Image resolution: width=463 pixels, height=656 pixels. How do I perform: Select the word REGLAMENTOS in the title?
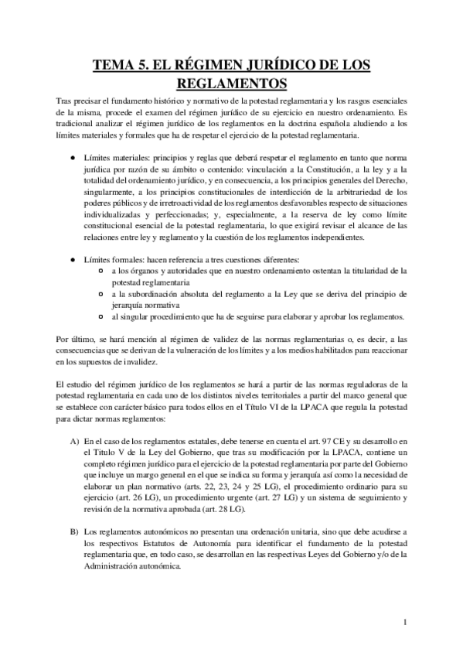pos(231,83)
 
